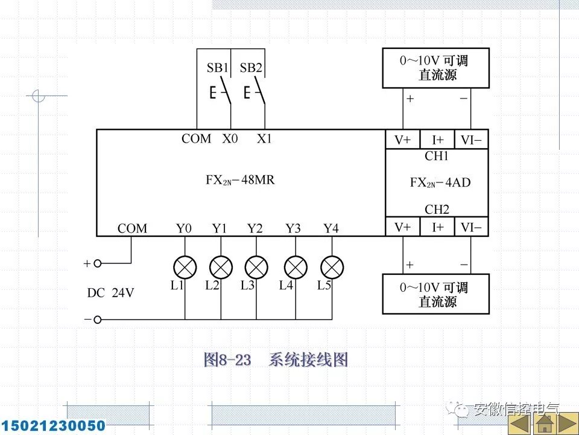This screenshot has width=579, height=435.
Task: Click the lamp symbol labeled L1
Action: click(x=185, y=267)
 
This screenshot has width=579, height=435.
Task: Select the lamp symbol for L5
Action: click(x=332, y=267)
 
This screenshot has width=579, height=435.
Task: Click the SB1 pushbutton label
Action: click(x=217, y=68)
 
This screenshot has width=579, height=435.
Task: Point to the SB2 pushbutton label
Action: click(x=251, y=68)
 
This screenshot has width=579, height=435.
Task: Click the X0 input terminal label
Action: click(x=230, y=139)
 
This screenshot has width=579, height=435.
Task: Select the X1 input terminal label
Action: click(x=265, y=139)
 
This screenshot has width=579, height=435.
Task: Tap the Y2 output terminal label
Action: click(x=255, y=228)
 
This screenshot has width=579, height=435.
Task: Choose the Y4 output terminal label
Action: click(x=331, y=228)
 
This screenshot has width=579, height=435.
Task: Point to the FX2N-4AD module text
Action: click(x=440, y=182)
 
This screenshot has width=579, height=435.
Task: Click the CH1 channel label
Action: click(x=437, y=156)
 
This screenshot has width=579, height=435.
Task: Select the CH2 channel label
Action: click(x=437, y=210)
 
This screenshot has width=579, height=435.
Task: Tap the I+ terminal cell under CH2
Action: click(x=438, y=227)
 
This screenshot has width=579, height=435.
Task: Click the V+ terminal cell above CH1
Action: click(x=402, y=140)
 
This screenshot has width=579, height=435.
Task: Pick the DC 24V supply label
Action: click(x=110, y=294)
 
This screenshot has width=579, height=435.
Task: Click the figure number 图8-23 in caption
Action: click(x=227, y=361)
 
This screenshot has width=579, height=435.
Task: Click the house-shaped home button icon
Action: click(x=546, y=423)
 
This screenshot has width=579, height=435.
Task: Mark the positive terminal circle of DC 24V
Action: click(x=97, y=263)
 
